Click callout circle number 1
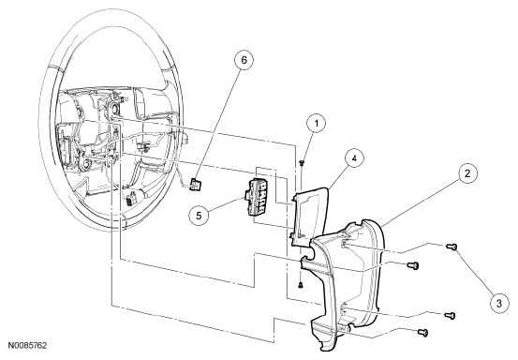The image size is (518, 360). pos(317,124)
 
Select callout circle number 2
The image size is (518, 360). pos(467,173)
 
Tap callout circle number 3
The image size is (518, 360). pos(499,303)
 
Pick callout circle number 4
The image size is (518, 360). pos(354,158)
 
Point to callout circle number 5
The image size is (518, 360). pos(199,216)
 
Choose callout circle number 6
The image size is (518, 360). pos(244,60)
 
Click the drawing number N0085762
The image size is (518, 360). pos(27,345)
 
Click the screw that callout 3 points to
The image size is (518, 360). pos(451,247)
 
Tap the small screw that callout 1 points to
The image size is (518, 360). pos(302,162)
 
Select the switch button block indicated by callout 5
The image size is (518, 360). pos(259,197)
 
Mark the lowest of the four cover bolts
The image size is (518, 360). pos(423,332)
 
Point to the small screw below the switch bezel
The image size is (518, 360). pos(301,284)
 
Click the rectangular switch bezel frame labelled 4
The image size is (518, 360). pos(309,217)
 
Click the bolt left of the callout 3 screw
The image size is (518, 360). pos(412,264)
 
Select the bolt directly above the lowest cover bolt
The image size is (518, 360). pos(450,316)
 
